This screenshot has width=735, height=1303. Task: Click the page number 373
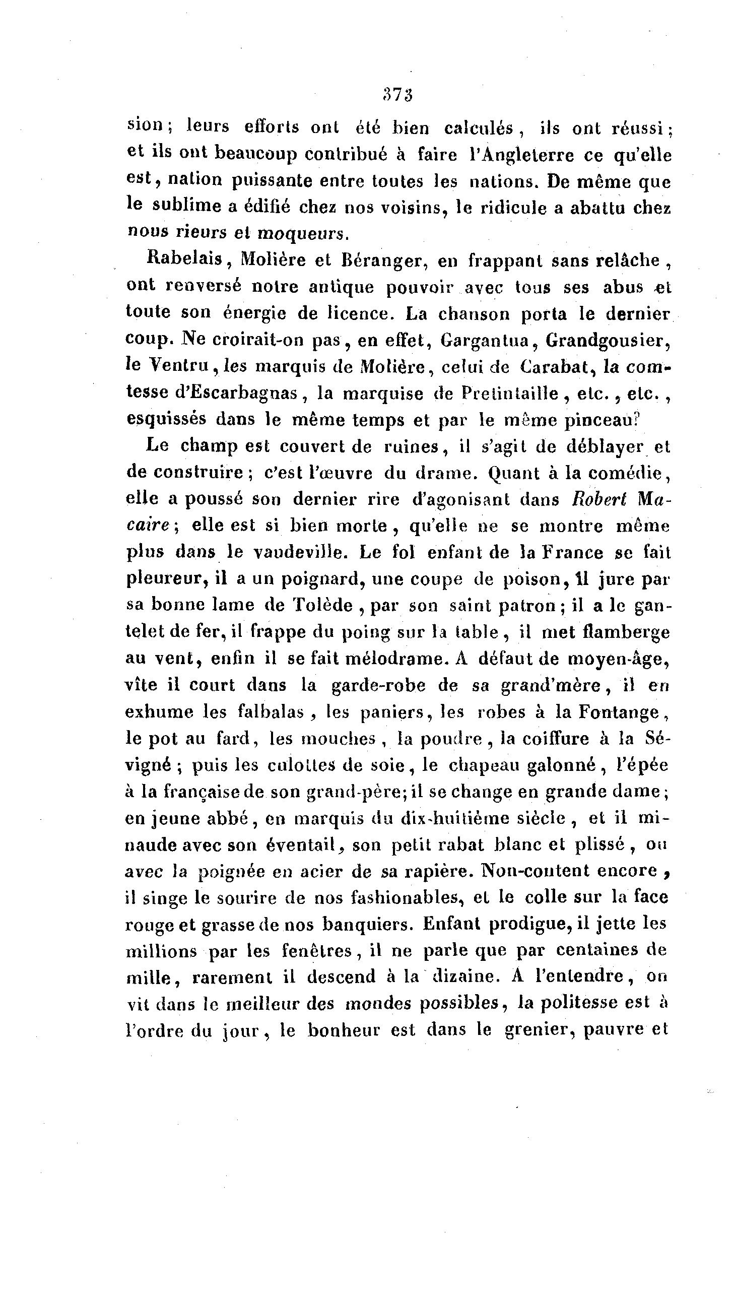399,96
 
